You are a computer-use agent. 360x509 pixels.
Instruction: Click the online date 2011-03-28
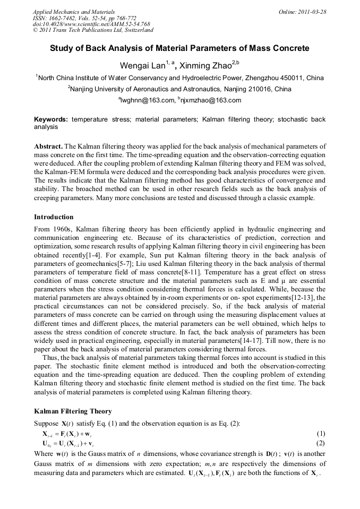[312, 12]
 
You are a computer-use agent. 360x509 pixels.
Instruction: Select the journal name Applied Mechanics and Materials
[73, 12]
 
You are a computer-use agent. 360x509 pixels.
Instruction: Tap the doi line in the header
[91, 24]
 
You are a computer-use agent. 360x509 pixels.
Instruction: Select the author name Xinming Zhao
[204, 66]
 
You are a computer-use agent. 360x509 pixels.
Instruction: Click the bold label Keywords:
[52, 120]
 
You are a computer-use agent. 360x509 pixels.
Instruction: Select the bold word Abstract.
[48, 146]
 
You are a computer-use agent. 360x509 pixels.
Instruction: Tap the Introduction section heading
[54, 217]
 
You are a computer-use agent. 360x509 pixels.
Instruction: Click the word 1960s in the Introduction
[63, 229]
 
